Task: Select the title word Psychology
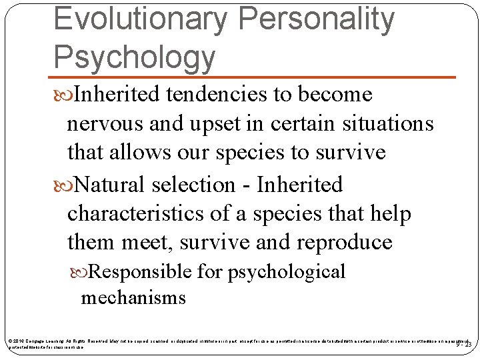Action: click(x=134, y=57)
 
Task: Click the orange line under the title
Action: click(x=253, y=77)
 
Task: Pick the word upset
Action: click(x=223, y=124)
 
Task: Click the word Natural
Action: click(x=110, y=185)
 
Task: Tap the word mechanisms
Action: click(x=133, y=297)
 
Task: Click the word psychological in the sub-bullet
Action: click(x=287, y=272)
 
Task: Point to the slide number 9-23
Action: click(x=464, y=344)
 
